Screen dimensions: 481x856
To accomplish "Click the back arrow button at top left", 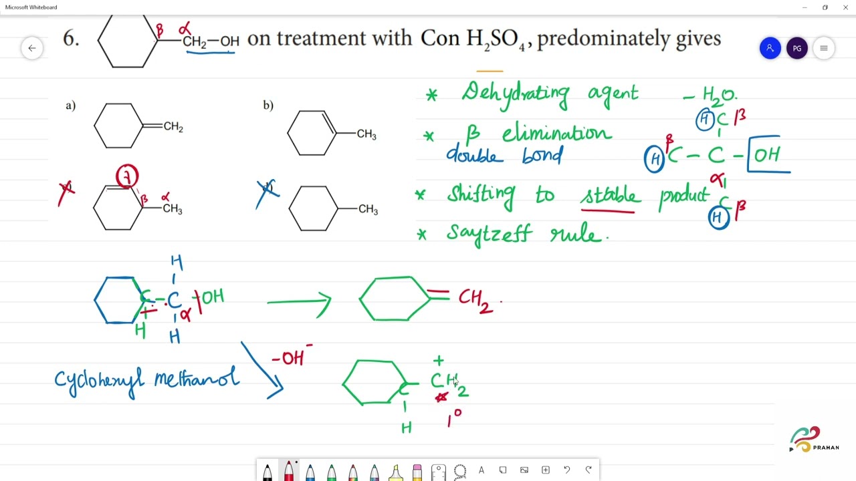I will [x=31, y=48].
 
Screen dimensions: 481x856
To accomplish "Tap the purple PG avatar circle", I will [x=796, y=48].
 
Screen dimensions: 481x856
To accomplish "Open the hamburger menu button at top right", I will [x=824, y=48].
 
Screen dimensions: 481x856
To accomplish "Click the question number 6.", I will [x=71, y=39].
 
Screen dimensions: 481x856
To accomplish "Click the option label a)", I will [x=70, y=105].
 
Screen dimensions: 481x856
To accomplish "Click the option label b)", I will [x=268, y=105].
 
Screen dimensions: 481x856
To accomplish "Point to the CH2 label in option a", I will [x=173, y=127].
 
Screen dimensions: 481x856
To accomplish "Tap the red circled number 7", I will [x=127, y=177].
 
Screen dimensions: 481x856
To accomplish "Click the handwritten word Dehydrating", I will [x=514, y=94].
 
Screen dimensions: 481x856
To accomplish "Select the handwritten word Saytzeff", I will [x=489, y=234].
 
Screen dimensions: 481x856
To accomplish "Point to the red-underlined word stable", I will [x=610, y=196].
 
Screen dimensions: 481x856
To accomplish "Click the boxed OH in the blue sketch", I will [x=767, y=155].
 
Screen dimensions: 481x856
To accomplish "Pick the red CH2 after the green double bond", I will [x=475, y=299].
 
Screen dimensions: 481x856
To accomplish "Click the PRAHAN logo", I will [x=815, y=440].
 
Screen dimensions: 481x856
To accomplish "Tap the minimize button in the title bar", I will [x=805, y=7].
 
